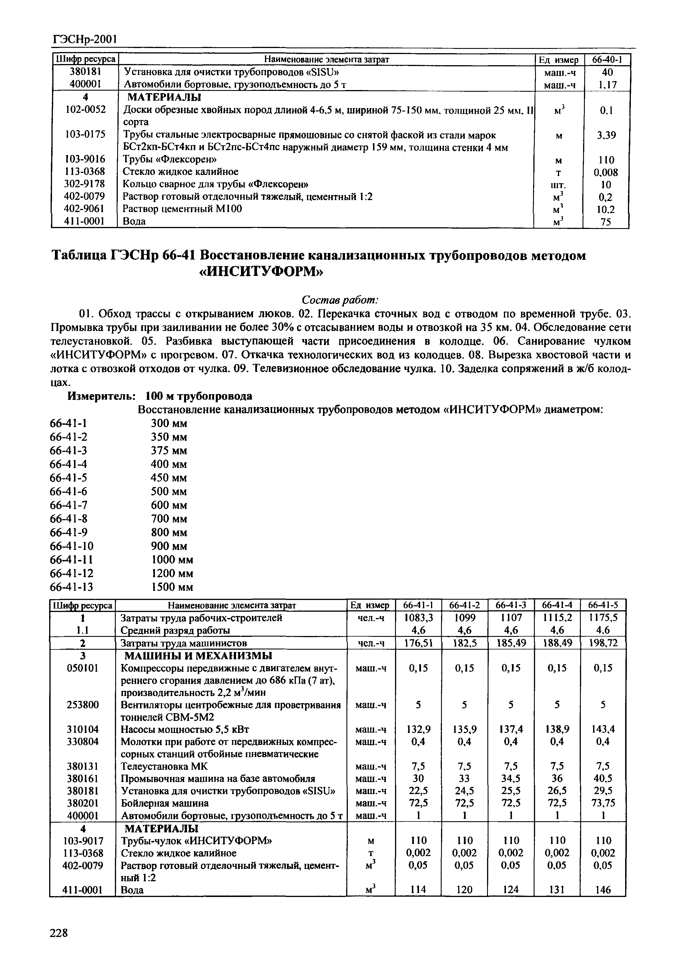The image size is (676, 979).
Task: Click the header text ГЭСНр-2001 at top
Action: click(84, 39)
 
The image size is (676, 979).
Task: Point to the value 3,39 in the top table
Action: click(606, 135)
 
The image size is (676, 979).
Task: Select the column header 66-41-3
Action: click(511, 605)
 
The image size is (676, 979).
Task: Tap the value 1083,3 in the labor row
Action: click(418, 618)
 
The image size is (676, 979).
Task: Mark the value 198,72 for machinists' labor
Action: click(603, 643)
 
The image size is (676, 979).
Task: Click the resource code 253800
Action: click(83, 705)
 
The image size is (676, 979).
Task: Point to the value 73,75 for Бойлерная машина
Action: click(603, 803)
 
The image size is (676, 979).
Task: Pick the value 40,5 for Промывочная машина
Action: click(603, 778)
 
